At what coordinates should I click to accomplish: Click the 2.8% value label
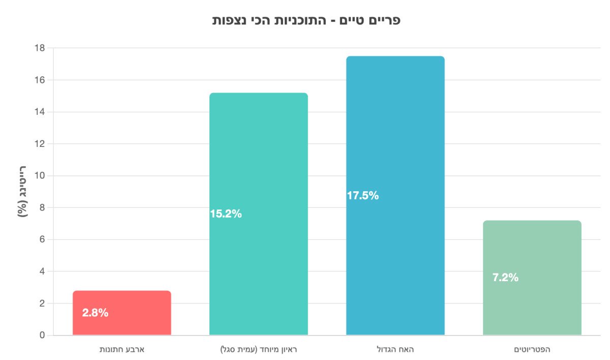(x=95, y=313)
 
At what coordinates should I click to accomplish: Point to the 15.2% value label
(x=226, y=214)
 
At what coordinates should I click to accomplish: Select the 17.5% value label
(x=362, y=196)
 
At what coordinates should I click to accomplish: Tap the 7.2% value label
(x=505, y=278)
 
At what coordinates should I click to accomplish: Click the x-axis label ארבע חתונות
(x=122, y=350)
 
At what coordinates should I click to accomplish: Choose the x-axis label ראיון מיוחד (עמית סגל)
(x=258, y=350)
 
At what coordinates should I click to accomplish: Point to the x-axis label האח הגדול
(x=395, y=350)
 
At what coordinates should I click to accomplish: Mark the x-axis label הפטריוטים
(x=532, y=350)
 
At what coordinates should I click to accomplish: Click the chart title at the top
(x=306, y=20)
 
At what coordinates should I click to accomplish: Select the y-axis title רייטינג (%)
(x=23, y=191)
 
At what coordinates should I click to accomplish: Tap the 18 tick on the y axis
(x=39, y=48)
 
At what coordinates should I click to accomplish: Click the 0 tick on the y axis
(x=42, y=336)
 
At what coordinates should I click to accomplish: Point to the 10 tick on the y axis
(x=39, y=176)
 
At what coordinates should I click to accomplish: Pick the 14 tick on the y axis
(x=39, y=112)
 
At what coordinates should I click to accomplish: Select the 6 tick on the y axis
(x=42, y=239)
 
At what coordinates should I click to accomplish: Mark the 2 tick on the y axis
(x=42, y=304)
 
